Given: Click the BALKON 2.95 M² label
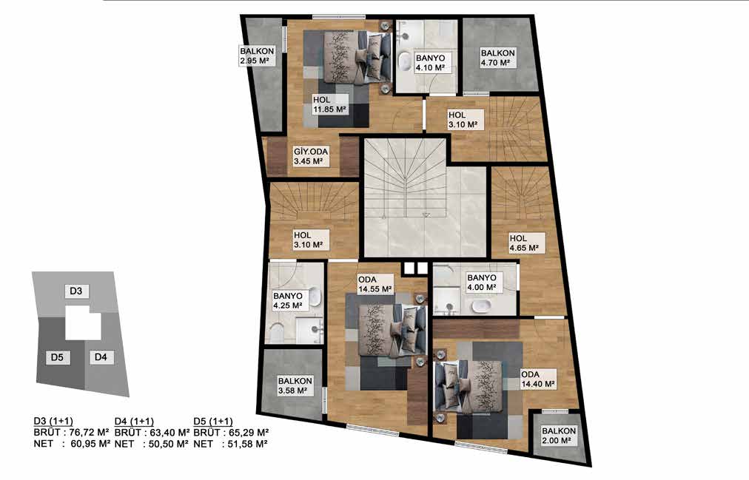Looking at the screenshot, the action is [258, 55].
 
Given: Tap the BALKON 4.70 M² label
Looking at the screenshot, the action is [498, 58].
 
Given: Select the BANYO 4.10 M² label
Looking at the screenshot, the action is [431, 63].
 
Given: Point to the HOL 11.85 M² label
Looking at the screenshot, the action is [329, 104].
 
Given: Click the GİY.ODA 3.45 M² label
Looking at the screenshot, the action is [311, 157].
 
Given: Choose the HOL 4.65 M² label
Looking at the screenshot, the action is [525, 243].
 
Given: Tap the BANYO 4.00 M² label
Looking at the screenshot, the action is [482, 283].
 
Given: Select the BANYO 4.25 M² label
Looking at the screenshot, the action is [288, 300].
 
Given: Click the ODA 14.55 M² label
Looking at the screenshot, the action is [375, 284].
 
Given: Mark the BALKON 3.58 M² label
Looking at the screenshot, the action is [295, 385].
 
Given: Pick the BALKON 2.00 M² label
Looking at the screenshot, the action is [559, 436].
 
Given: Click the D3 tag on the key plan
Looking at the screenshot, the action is [76, 291].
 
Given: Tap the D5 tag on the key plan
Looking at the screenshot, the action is [57, 357].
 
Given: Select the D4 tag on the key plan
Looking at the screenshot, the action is [101, 357].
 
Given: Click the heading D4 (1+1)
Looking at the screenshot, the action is [134, 422].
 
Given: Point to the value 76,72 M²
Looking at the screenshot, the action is [90, 433].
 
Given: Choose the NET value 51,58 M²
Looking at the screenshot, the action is [247, 444].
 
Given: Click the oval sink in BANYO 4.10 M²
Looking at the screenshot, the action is [406, 61].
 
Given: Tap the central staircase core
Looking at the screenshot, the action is [425, 198].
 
